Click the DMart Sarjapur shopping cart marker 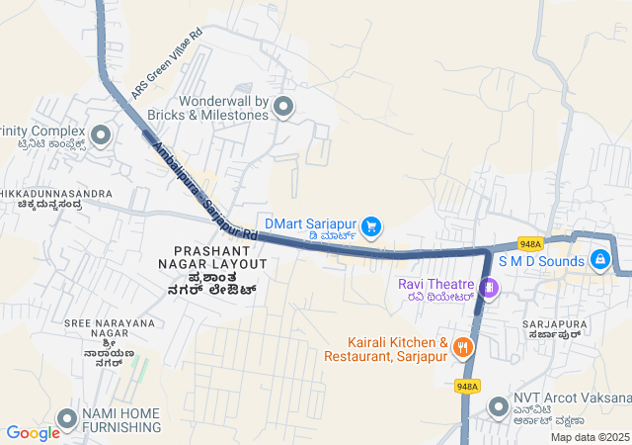(371, 227)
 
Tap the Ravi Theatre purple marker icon (491, 288)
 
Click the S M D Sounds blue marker (599, 259)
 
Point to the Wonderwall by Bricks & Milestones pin (284, 107)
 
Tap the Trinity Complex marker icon (100, 135)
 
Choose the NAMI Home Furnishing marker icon (68, 418)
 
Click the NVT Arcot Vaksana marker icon (499, 405)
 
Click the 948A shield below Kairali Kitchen (467, 386)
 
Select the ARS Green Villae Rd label (166, 67)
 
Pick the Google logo (33, 432)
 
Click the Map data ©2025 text (590, 437)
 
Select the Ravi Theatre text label (436, 285)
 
